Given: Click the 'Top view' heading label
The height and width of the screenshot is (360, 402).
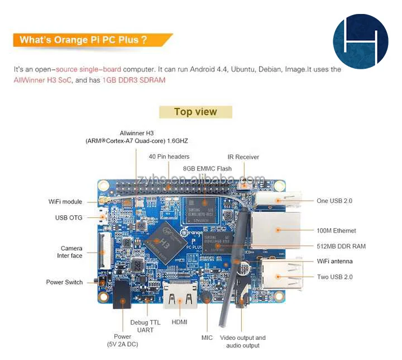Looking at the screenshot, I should [195, 112].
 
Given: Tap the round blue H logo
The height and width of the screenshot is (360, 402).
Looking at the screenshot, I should [360, 42].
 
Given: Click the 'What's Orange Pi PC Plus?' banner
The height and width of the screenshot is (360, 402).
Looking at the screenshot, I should [84, 40].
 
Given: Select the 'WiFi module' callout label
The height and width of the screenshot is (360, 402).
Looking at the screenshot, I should [65, 202].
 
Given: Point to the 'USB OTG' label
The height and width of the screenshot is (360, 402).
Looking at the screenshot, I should [69, 217].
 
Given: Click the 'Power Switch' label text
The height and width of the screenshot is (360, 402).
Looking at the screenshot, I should [64, 282].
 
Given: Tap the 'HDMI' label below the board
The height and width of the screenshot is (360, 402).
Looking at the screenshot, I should [179, 322].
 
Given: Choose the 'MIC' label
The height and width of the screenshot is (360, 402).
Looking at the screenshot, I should [207, 338].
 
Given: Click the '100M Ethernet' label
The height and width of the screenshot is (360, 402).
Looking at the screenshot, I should [336, 230].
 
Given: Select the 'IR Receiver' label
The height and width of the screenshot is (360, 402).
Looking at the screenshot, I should [243, 157].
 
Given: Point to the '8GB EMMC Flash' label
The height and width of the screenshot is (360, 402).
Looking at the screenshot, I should [207, 168].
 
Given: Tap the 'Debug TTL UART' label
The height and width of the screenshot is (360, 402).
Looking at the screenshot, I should [146, 326].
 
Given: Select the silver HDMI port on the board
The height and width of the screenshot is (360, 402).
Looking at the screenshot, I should [179, 295].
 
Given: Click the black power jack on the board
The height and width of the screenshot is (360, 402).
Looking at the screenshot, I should [123, 294].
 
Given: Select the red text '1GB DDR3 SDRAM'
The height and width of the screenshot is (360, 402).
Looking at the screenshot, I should [133, 80].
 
